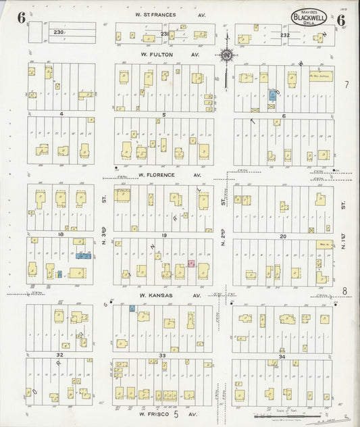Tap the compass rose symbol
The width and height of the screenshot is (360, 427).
tap(228, 55)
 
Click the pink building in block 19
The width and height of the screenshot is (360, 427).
tap(191, 263)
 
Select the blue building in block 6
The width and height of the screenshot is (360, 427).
tap(272, 96)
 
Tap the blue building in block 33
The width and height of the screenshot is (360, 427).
tap(132, 308)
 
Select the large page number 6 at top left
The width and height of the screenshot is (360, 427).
tap(22, 18)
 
